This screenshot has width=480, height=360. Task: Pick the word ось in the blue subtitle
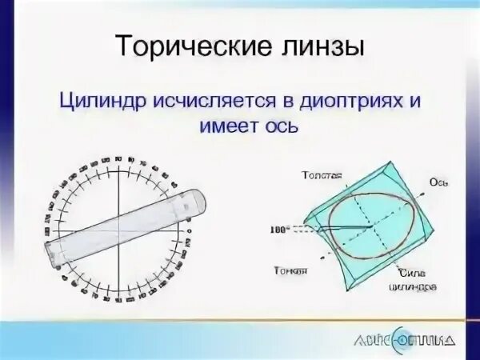[x=279, y=126]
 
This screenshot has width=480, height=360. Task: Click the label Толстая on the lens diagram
[x=322, y=174]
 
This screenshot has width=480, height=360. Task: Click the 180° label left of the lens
[x=279, y=229]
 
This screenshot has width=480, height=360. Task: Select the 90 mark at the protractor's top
[x=118, y=159]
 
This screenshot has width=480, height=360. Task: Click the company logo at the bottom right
[x=404, y=338]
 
